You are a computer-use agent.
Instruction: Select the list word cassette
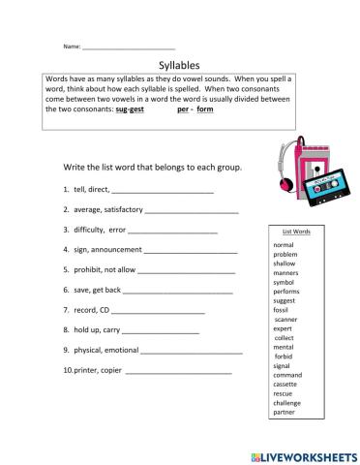(286, 384)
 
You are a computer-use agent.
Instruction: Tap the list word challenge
(287, 402)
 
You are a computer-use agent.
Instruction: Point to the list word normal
(285, 244)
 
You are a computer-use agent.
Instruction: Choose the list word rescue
(284, 392)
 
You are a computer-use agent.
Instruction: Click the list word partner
(285, 412)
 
